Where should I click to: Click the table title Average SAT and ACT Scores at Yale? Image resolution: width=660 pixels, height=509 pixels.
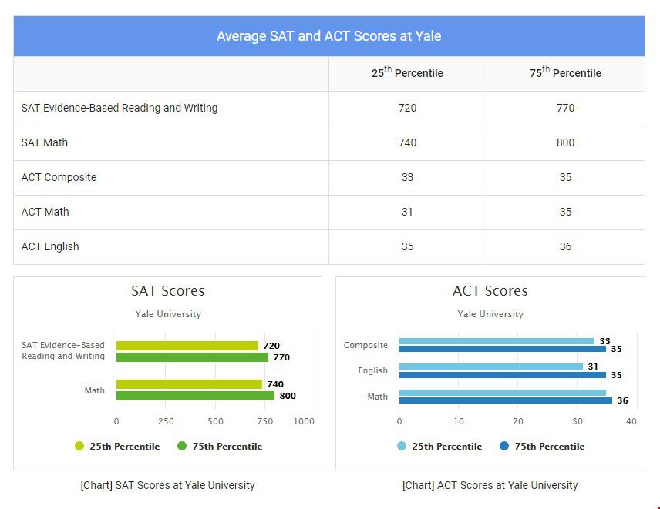(x=328, y=36)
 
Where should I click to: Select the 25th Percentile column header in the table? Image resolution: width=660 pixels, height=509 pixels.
(x=407, y=73)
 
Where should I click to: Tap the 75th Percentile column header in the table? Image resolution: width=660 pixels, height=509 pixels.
(x=565, y=73)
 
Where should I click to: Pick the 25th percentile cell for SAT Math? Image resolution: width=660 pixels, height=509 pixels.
(x=407, y=142)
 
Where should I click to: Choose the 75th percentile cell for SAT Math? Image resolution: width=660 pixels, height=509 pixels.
(x=565, y=142)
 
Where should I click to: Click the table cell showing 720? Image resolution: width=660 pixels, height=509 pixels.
(x=407, y=108)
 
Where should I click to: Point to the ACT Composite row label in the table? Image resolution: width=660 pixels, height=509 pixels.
(x=59, y=177)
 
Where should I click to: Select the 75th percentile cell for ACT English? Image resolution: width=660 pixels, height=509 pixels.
(x=565, y=246)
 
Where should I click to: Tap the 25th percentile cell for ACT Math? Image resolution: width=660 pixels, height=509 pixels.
(x=407, y=212)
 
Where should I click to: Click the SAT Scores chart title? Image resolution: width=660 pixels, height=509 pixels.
(x=167, y=291)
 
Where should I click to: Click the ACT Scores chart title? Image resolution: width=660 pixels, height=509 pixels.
(x=490, y=291)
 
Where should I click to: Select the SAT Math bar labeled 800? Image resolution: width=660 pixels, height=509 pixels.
(x=195, y=396)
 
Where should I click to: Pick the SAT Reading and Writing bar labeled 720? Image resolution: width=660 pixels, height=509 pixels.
(x=187, y=346)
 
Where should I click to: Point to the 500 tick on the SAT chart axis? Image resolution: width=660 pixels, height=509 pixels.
(x=215, y=421)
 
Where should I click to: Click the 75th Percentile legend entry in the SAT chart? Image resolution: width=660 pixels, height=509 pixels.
(x=220, y=447)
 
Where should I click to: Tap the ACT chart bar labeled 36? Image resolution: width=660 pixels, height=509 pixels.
(x=505, y=400)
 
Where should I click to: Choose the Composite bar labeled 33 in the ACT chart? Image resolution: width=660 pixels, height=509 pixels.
(x=497, y=341)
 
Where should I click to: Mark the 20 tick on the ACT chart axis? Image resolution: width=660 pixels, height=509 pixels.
(x=518, y=421)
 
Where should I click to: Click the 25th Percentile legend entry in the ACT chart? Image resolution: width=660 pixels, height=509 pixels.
(x=439, y=447)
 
